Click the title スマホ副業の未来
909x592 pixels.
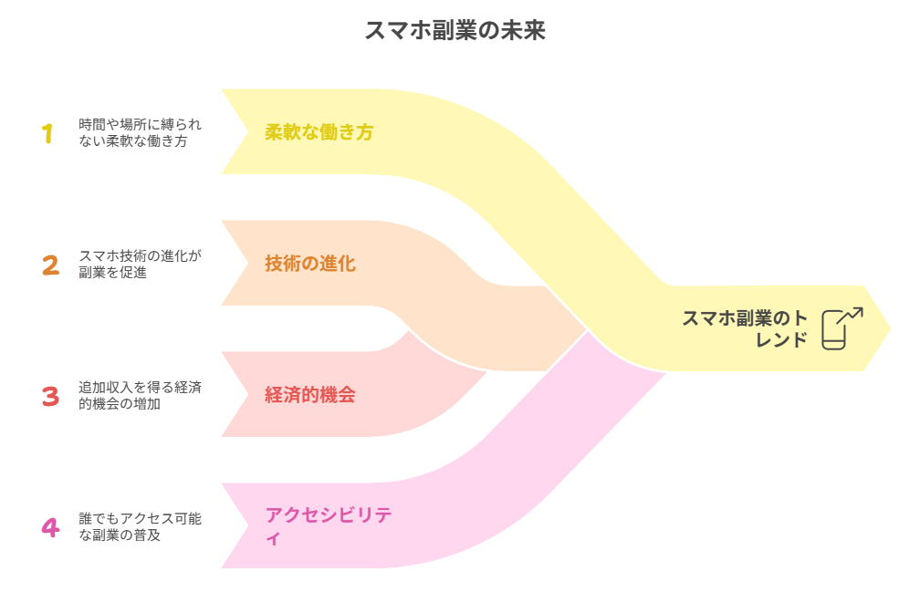[454, 30]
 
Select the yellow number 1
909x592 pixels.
[47, 133]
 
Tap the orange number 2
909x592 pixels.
[50, 265]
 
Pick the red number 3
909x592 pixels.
[50, 396]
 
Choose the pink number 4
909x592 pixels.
[50, 527]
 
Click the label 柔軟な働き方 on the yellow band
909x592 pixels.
[319, 132]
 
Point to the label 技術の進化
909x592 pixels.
[309, 265]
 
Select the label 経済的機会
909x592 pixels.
[309, 396]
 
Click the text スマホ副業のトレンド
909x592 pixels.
[745, 328]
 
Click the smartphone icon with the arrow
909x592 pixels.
[841, 327]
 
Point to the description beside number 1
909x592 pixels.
[140, 133]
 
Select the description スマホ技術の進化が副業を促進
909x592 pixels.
[140, 264]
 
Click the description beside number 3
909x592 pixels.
[140, 396]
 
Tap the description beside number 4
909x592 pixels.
[140, 526]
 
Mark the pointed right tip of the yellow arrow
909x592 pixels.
[891, 327]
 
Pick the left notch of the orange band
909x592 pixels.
[245, 264]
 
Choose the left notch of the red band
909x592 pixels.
[245, 395]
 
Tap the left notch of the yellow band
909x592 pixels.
[245, 131]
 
